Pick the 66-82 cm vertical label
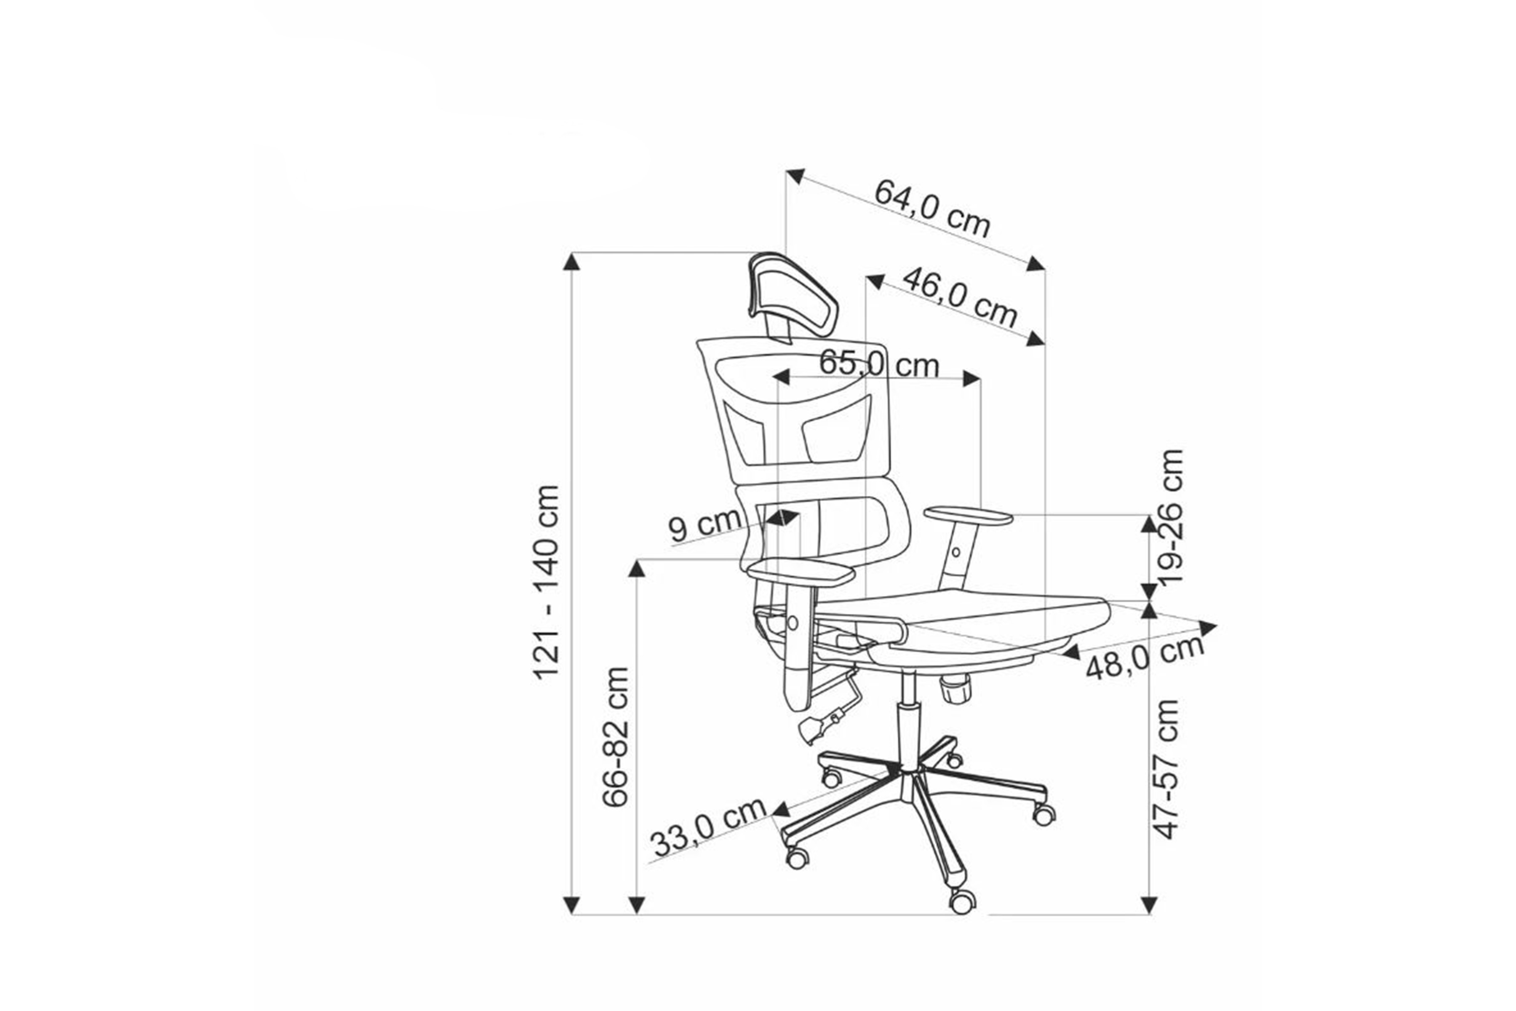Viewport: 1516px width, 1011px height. point(616,736)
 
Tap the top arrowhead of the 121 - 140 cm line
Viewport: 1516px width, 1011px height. point(571,261)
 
